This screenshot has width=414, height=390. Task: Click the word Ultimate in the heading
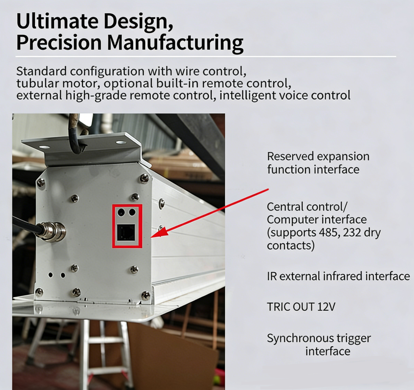pos(57,21)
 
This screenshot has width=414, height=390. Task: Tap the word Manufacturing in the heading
pos(175,43)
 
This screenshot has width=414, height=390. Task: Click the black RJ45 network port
pos(126,232)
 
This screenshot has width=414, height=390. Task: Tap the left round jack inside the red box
pos(121,212)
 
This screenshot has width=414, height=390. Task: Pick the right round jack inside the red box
pos(132,212)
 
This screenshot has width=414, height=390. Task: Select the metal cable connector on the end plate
pos(53,232)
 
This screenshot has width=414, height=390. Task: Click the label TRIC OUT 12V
pos(301,307)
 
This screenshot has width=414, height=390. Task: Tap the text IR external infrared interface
pos(338,276)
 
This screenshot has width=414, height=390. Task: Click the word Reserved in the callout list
pos(290,156)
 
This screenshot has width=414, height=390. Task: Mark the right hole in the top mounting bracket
pos(121,143)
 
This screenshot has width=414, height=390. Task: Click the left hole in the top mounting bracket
pos(44,147)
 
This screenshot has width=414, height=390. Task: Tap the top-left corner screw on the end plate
pos(41,183)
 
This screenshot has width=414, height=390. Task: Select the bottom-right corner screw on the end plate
pos(146,295)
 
